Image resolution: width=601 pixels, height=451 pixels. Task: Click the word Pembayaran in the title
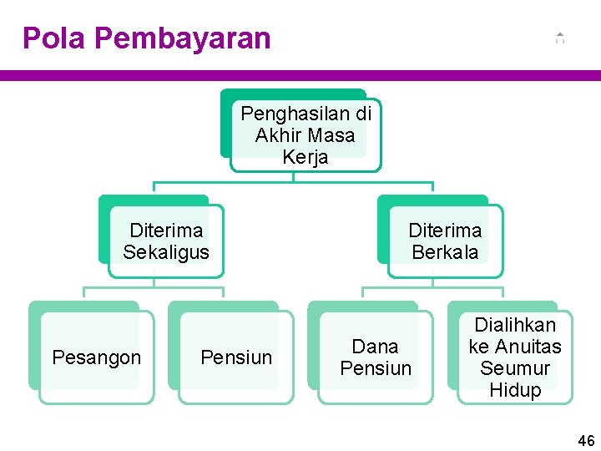coord(183,38)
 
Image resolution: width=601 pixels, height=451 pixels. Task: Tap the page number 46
coord(587,440)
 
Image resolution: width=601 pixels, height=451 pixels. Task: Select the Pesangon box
coord(97,357)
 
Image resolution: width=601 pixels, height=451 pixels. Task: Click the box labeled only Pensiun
coord(236,357)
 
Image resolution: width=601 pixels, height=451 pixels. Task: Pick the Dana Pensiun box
coord(376,357)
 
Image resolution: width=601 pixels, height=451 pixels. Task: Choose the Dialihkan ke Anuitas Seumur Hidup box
coord(515,357)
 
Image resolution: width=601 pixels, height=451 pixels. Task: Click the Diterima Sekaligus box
coord(166,241)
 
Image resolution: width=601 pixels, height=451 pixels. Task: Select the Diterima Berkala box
coord(445,241)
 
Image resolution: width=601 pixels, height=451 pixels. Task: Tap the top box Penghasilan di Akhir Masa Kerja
coord(306,135)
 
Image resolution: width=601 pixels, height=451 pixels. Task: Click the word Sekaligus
coord(166,252)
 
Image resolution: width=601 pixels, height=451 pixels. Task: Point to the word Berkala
coord(445,252)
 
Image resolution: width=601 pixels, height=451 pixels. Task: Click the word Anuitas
coord(527,347)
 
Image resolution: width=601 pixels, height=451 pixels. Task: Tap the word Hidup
coord(515,390)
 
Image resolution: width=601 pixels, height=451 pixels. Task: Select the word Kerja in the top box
coord(306,157)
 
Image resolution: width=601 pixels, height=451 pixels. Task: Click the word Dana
coord(376,347)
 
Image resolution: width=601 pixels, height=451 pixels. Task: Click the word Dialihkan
coord(515,325)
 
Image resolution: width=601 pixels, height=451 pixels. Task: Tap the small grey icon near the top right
coord(560,38)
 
